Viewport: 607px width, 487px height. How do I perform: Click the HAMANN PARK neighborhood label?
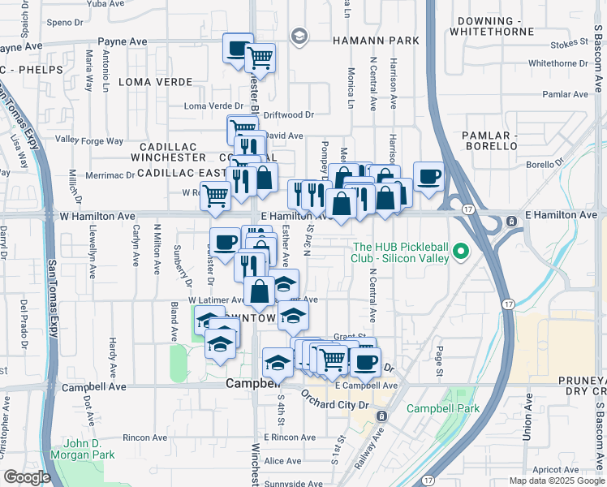click(376, 40)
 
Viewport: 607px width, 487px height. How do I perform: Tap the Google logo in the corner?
click(27, 477)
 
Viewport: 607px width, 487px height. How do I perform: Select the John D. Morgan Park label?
click(89, 450)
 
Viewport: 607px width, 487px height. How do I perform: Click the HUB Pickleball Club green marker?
click(463, 252)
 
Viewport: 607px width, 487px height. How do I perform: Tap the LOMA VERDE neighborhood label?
click(156, 82)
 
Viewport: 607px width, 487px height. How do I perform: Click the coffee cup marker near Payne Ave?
click(237, 49)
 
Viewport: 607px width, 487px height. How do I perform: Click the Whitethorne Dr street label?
click(557, 63)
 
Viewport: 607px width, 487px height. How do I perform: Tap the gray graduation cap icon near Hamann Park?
click(299, 36)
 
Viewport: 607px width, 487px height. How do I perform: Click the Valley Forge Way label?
click(90, 140)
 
